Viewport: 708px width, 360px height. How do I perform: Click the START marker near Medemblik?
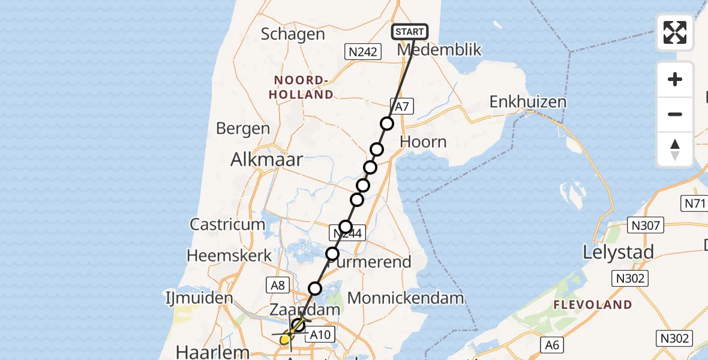(410, 31)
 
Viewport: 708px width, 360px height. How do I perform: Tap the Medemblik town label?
(439, 50)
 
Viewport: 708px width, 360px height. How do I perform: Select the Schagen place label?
(293, 34)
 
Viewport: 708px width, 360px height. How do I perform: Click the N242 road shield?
(364, 52)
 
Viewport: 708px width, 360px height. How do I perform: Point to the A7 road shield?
(401, 107)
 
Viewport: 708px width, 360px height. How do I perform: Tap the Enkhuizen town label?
(528, 101)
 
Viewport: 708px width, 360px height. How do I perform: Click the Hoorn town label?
(423, 142)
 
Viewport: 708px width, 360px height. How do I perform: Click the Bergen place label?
(243, 128)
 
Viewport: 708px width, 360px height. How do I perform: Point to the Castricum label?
(227, 224)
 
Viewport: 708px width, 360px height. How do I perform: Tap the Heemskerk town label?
(222, 256)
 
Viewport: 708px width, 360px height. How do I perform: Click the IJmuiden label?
(200, 298)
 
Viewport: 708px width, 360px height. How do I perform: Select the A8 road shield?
(278, 285)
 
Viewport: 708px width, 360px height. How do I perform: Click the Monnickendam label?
(406, 298)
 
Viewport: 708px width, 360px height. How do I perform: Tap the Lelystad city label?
(618, 253)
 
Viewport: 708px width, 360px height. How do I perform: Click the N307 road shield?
(645, 226)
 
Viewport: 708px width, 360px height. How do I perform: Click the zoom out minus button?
(675, 114)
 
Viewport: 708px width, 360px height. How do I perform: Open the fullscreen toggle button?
(675, 32)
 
